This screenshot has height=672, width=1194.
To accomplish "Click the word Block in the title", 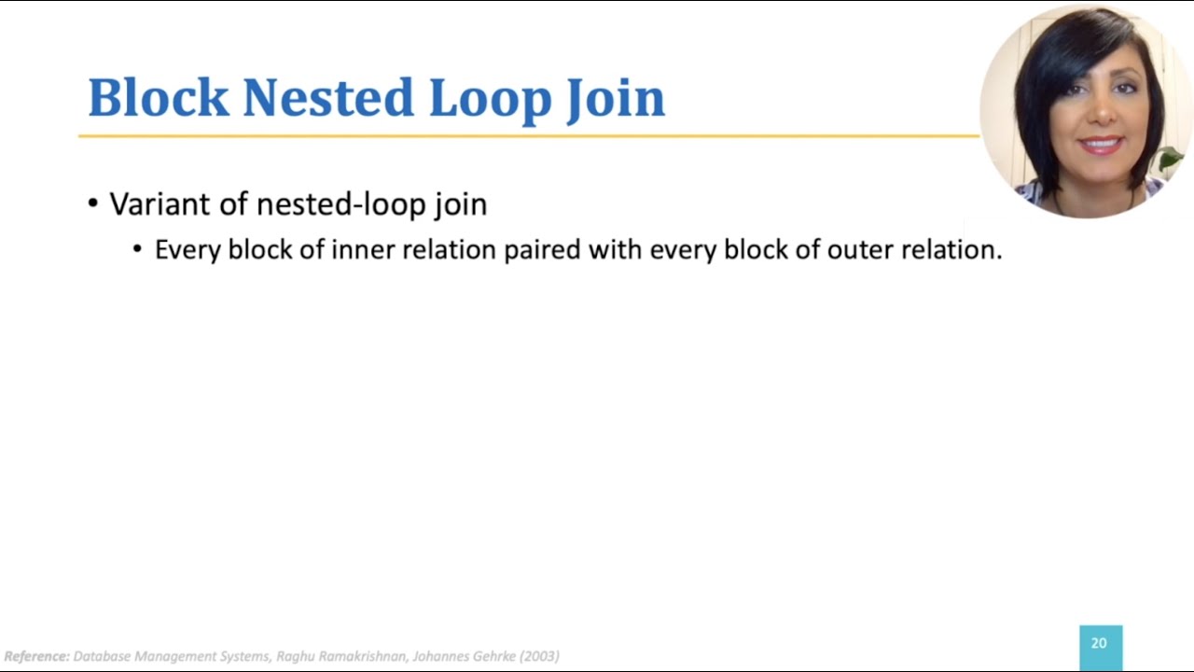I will pyautogui.click(x=158, y=98).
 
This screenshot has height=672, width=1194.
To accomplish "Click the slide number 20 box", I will pyautogui.click(x=1100, y=645).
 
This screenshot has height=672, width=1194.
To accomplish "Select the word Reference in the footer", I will pyautogui.click(x=35, y=656).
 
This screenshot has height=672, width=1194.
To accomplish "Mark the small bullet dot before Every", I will pyautogui.click(x=138, y=250).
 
